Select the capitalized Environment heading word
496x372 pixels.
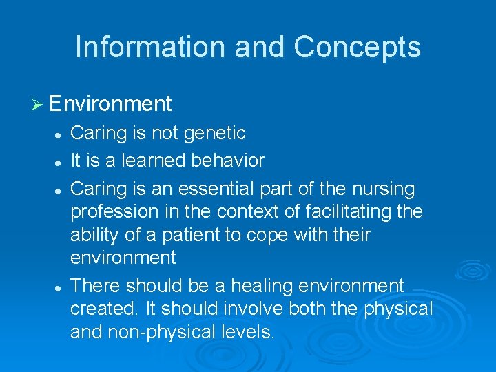pyautogui.click(x=110, y=104)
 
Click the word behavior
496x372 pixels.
pyautogui.click(x=231, y=161)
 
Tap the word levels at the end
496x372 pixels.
pyautogui.click(x=250, y=333)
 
